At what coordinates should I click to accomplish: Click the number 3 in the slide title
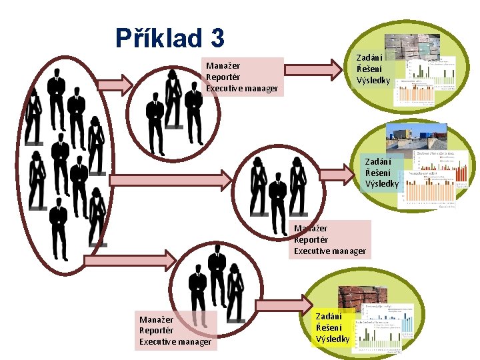(215, 38)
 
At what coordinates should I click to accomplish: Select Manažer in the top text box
(223, 66)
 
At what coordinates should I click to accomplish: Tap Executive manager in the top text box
(242, 88)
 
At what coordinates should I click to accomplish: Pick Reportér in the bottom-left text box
(156, 331)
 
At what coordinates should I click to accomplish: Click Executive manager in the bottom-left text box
(175, 342)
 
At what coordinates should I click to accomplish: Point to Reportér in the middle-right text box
(311, 239)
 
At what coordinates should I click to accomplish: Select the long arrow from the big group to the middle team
(171, 179)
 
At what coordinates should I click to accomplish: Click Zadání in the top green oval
(369, 58)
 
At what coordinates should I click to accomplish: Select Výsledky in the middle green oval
(381, 183)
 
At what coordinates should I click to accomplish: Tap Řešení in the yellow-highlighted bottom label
(329, 327)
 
